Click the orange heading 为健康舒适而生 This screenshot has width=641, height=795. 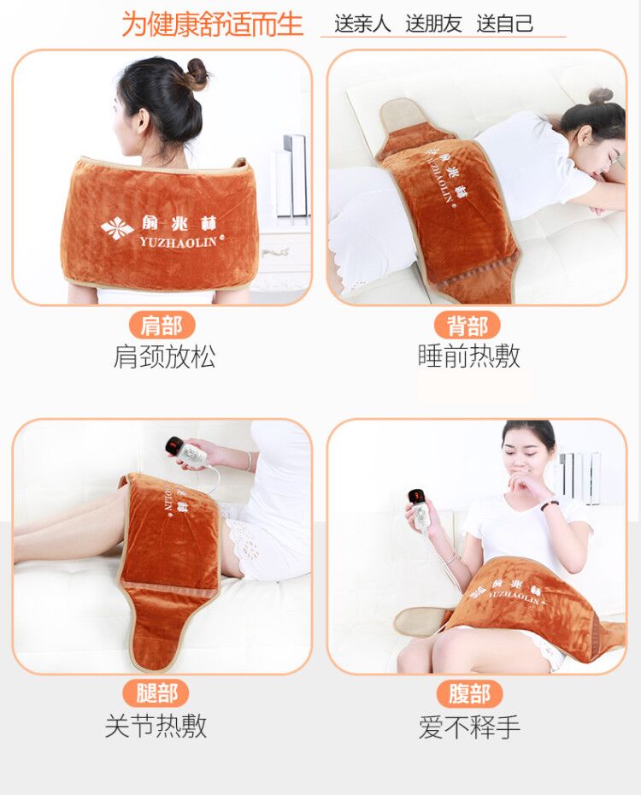point(212,23)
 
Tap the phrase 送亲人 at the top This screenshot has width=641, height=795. point(362,24)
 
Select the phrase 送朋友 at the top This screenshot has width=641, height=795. point(433,24)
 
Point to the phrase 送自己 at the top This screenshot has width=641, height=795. point(505,24)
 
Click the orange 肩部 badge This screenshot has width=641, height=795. point(162,325)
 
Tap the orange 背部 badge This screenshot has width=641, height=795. point(468,325)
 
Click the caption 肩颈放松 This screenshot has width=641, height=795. point(164,356)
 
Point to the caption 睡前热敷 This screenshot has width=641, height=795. point(468,356)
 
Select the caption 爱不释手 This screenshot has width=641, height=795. point(469,727)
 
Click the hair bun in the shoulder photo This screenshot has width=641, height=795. point(196,74)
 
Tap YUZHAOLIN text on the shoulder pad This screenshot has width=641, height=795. point(179,242)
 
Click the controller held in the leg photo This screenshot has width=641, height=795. point(179,451)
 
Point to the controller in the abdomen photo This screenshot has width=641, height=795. point(420,507)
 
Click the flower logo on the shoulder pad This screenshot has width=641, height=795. point(117,228)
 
